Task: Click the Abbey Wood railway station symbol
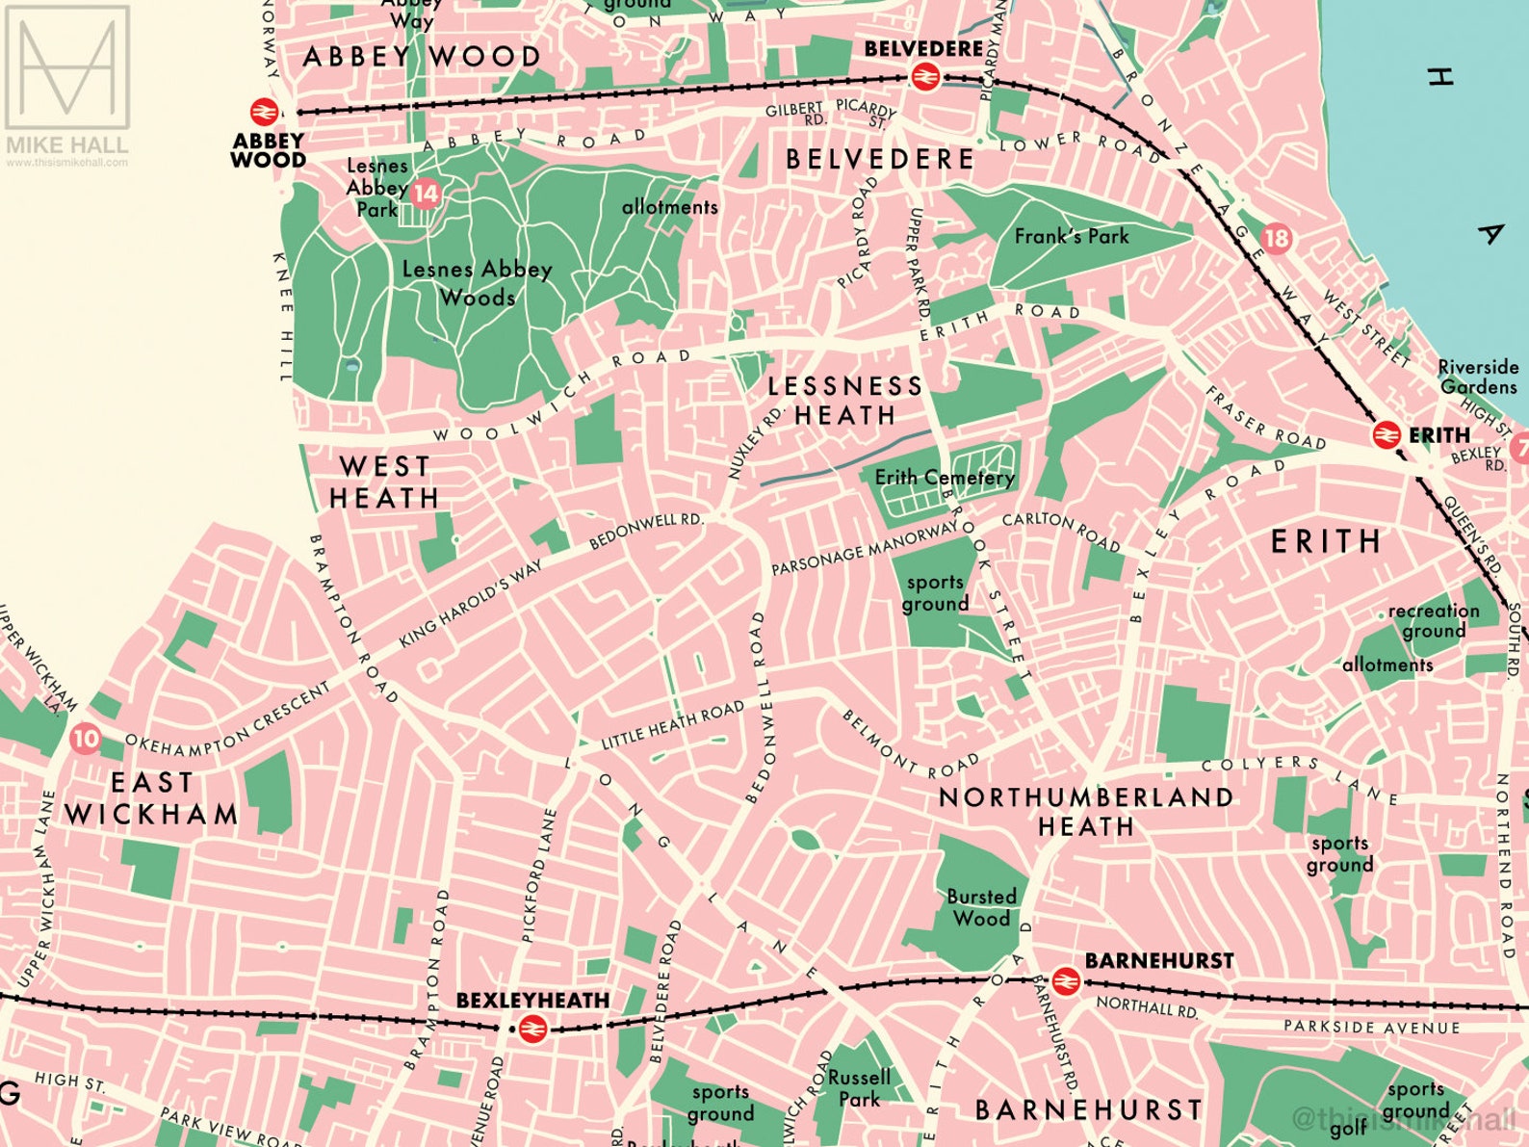(264, 112)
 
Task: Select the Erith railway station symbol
(1386, 435)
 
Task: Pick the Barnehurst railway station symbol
(1065, 981)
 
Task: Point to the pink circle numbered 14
(426, 195)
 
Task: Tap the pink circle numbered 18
(1276, 238)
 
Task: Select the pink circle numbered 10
(86, 739)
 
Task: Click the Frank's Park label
(1071, 236)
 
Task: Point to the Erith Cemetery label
(944, 478)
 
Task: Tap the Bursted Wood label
(981, 907)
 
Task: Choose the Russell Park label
(860, 1088)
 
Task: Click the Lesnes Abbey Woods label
(477, 283)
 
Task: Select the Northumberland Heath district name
(1086, 811)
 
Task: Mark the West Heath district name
(384, 482)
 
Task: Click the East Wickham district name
(152, 798)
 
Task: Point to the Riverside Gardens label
(1478, 377)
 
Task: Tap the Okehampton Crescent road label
(228, 718)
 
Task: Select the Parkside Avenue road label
(1371, 1028)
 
